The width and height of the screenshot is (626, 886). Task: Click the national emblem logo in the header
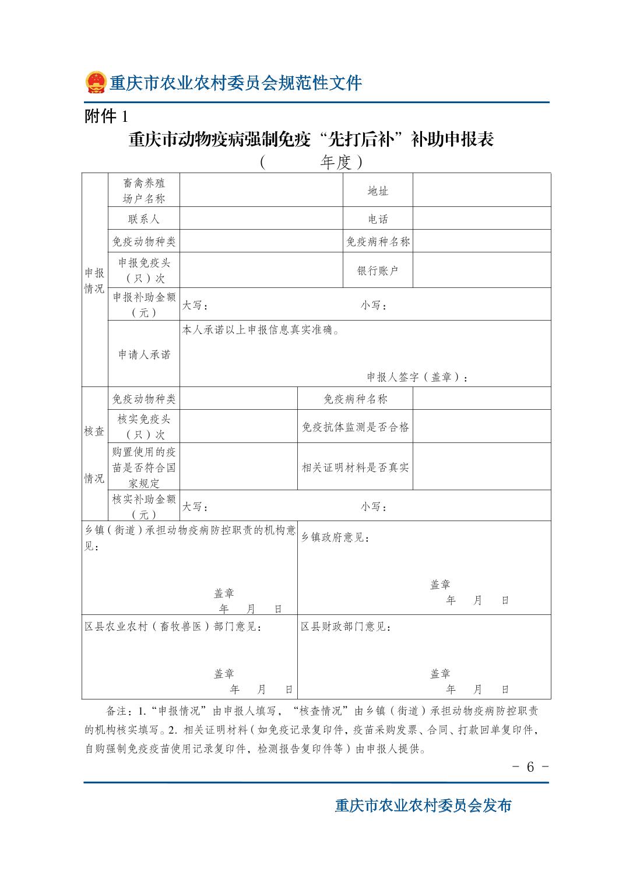[x=96, y=82]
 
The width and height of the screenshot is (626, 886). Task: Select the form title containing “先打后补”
[x=311, y=140]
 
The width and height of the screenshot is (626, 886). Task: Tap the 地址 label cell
[x=378, y=191]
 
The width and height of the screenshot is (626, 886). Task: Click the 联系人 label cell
[x=143, y=219]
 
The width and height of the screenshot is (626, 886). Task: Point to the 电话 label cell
[x=378, y=219]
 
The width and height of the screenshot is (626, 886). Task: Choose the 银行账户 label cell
[x=378, y=270]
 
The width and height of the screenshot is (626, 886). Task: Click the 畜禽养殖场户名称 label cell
[x=143, y=191]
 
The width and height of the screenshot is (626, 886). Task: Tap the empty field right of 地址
[x=481, y=190]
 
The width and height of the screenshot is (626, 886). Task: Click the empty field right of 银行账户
[x=481, y=270]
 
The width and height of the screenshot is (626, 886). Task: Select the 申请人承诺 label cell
[x=143, y=354]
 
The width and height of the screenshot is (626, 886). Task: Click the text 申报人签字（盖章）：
[x=417, y=377]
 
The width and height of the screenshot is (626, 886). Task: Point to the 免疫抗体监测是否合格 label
[x=356, y=427]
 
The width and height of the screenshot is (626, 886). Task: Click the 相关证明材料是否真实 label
[x=356, y=467]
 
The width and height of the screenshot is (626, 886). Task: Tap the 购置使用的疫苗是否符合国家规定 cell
[x=143, y=467]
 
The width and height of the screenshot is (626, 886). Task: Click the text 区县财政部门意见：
[x=346, y=627]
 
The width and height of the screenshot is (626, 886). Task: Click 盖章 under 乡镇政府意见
[x=440, y=584]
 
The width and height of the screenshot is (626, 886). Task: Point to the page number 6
[x=530, y=767]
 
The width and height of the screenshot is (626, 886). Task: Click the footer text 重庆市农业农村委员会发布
[x=423, y=806]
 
